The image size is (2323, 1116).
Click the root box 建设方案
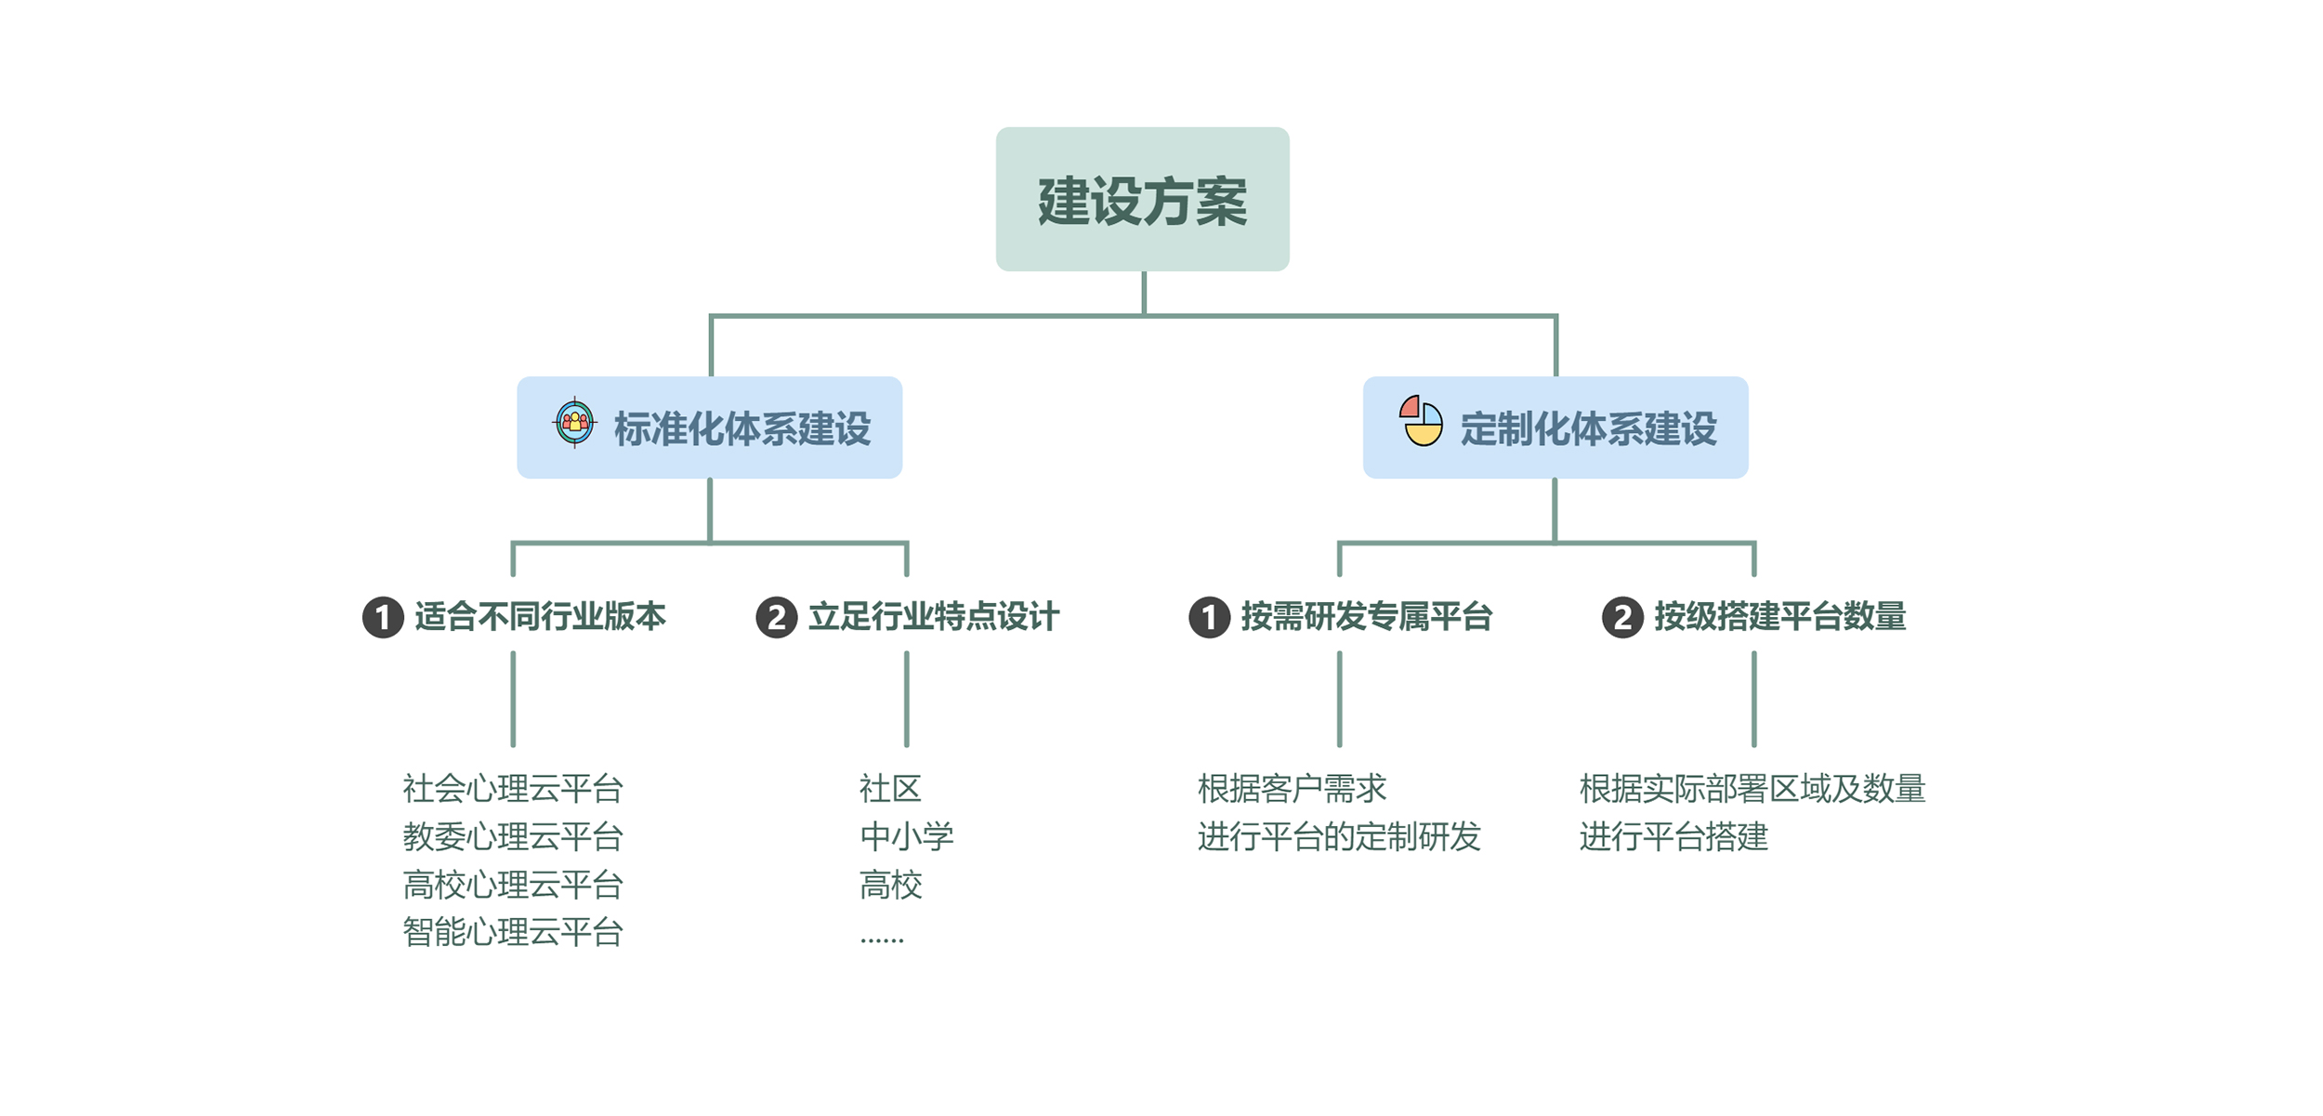click(1142, 200)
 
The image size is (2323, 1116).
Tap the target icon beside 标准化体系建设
click(574, 423)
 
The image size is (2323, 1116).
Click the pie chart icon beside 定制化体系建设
click(1421, 422)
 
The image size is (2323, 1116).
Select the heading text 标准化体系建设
click(742, 429)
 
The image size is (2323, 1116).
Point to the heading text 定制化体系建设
click(1588, 429)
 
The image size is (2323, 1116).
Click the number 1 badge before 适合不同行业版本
click(383, 618)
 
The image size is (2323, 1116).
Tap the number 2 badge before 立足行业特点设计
click(777, 618)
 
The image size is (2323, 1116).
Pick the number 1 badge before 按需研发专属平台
click(1210, 618)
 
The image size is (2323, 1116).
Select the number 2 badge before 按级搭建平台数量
click(1622, 618)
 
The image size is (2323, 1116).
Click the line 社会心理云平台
click(512, 789)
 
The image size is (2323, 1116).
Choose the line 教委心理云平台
click(512, 837)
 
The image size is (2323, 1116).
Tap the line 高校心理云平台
click(512, 886)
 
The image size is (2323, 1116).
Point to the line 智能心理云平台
click(512, 933)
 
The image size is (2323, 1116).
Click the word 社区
click(890, 789)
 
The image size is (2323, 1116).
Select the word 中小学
click(906, 837)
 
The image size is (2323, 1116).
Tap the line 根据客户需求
click(1292, 789)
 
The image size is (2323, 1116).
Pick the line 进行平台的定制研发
click(1338, 837)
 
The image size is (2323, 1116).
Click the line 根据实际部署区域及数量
click(1752, 789)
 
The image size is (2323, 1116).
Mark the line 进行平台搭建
click(1673, 837)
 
